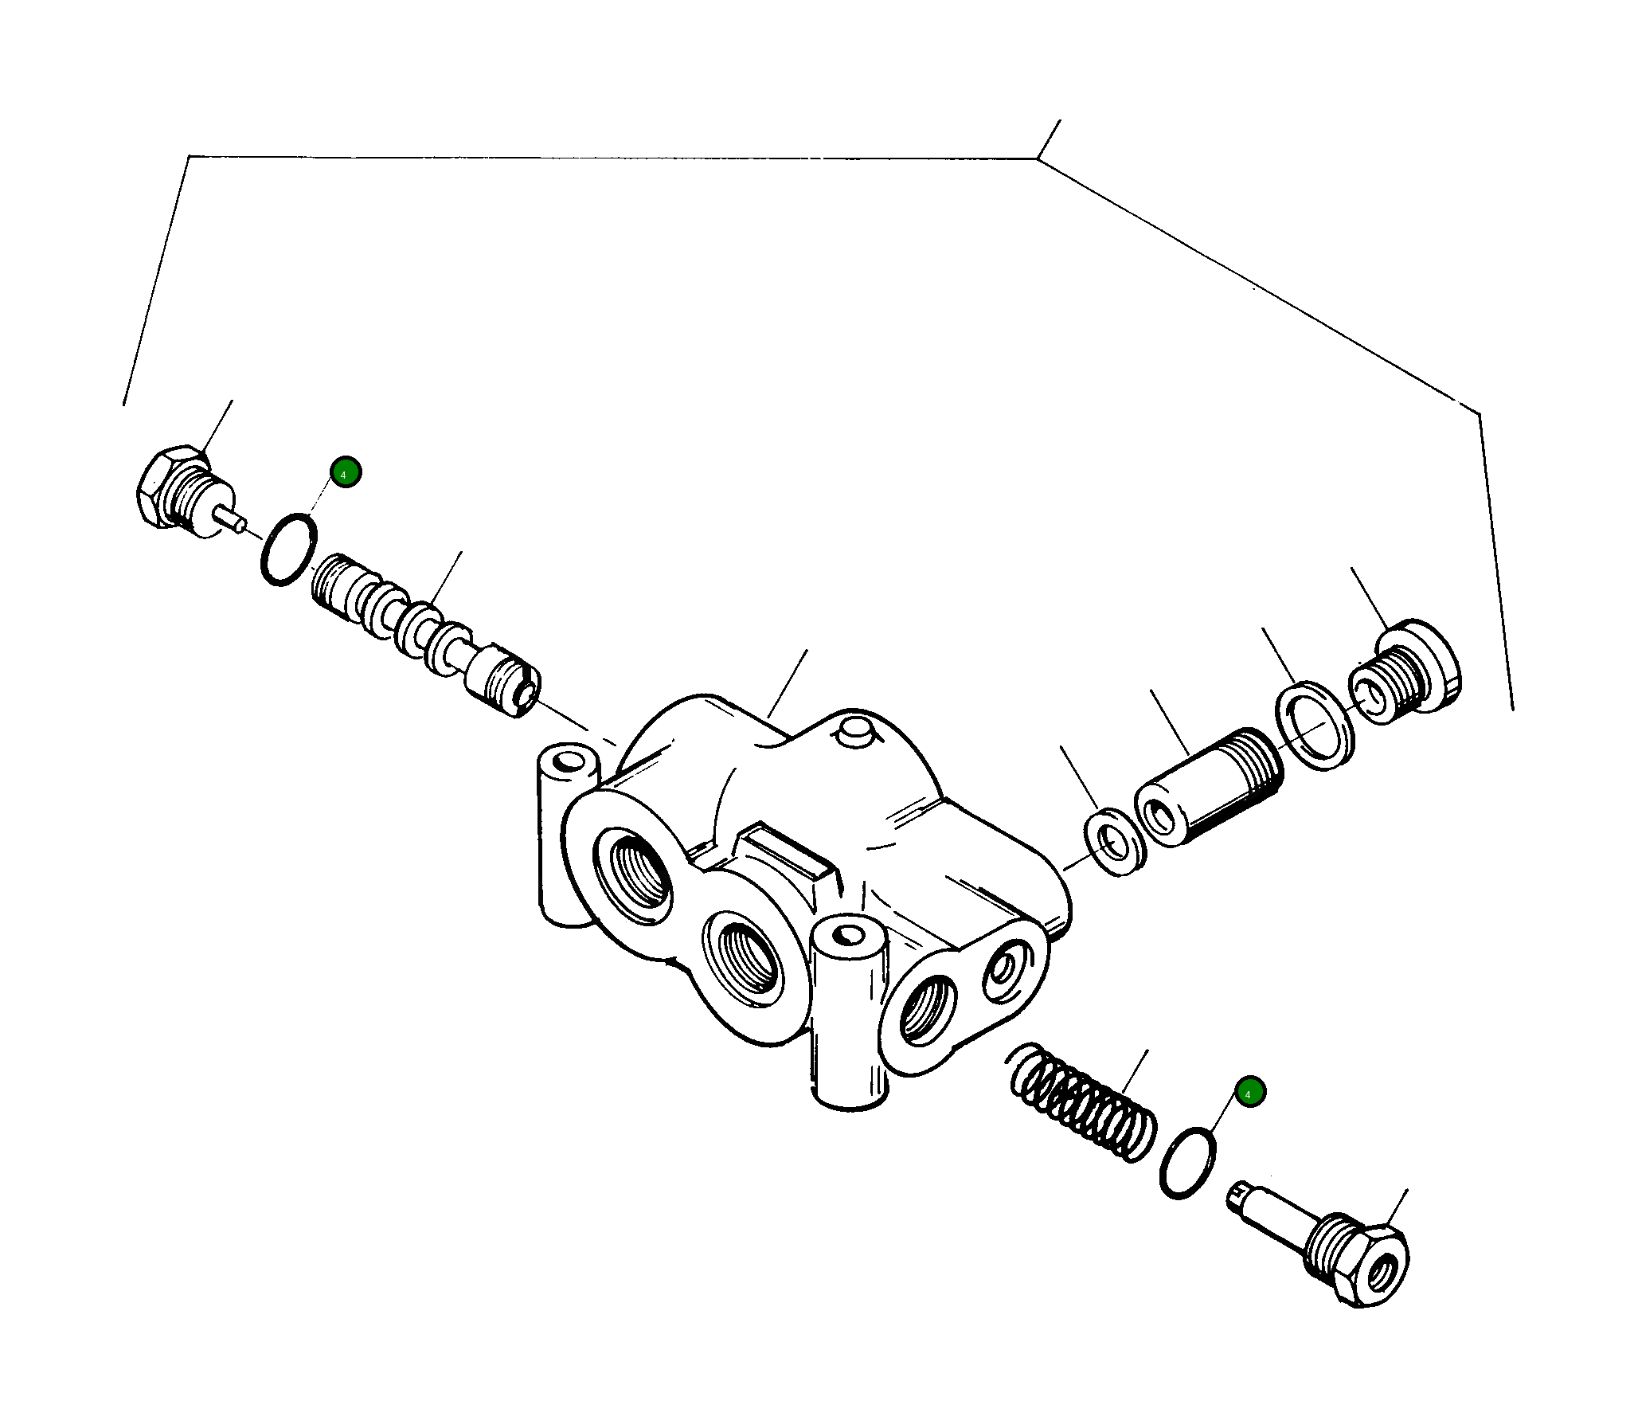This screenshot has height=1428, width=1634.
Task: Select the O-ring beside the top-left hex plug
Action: tap(287, 550)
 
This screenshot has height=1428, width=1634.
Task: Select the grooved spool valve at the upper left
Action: tap(422, 633)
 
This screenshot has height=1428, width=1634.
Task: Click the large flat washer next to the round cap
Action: tap(1315, 726)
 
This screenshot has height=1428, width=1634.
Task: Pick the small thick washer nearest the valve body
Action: tap(1116, 843)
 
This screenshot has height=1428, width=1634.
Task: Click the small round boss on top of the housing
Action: tap(855, 732)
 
